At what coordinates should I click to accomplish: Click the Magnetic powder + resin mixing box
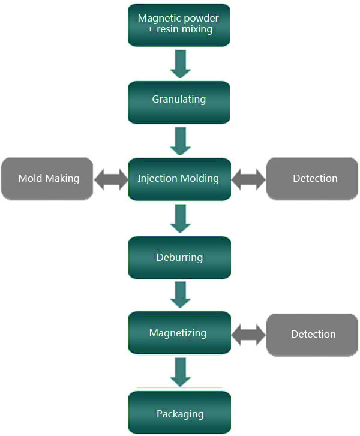click(179, 25)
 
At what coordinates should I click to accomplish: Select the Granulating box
click(179, 103)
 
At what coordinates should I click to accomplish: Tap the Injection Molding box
click(179, 179)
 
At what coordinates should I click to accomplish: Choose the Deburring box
click(179, 258)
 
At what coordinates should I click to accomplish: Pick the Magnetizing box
click(179, 333)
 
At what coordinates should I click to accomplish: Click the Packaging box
click(179, 413)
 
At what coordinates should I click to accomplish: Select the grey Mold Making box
click(47, 179)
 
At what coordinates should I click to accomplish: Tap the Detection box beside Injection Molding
click(312, 179)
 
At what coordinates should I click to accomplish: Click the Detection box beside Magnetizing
click(312, 335)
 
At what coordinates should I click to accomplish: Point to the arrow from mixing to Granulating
click(180, 64)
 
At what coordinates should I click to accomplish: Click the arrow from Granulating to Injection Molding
click(180, 141)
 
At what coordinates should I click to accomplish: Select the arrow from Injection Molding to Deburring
click(180, 219)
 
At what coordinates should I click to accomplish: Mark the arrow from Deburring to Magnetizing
click(180, 294)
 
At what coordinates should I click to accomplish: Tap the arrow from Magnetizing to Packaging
click(180, 372)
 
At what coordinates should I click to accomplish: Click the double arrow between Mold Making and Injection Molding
click(111, 179)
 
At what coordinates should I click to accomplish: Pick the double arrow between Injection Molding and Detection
click(248, 179)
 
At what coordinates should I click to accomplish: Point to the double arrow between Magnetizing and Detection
click(248, 335)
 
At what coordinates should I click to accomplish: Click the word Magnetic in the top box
click(157, 19)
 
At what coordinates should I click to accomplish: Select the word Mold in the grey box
click(30, 178)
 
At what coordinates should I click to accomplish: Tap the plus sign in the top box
click(150, 29)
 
